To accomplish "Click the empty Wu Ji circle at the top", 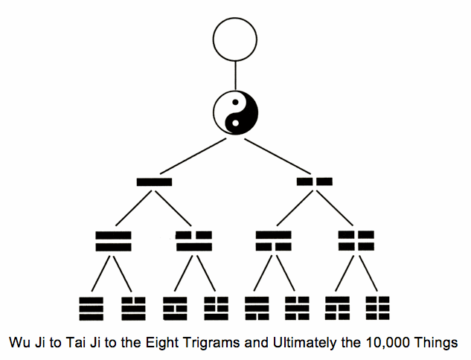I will (235, 39).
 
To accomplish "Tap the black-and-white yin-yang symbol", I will (235, 113).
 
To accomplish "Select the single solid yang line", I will (154, 181).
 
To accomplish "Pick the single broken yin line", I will (314, 181).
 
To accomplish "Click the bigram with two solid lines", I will (114, 241).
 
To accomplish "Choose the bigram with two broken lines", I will (356, 241).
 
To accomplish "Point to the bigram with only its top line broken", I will (194, 241).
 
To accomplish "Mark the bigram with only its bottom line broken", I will (274, 241).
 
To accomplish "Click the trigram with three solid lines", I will (92, 306).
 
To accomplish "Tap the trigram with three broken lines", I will (378, 306).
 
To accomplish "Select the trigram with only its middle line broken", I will (177, 306).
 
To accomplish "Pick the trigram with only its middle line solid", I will (298, 306).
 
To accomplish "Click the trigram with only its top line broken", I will (134, 306).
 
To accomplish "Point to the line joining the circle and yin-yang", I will (235, 76).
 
